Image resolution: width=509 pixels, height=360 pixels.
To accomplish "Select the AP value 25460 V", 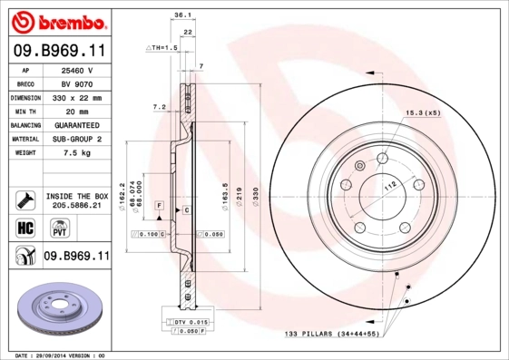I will click(x=77, y=70).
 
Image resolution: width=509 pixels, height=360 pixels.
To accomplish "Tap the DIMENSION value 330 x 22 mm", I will click(x=77, y=97).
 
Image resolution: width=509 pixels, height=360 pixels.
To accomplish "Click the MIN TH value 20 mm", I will click(x=77, y=111).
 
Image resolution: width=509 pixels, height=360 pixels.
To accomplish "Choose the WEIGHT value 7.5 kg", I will click(x=77, y=153).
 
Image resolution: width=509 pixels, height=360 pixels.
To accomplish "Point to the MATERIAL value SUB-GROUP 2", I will click(x=77, y=139).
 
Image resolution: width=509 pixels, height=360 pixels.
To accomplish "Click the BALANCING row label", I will click(x=24, y=125).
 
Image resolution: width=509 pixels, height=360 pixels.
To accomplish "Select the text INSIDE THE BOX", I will click(x=77, y=195).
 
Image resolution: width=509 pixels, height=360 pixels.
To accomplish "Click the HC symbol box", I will click(x=24, y=227).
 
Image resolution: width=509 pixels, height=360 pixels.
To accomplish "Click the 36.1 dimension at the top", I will click(x=181, y=15).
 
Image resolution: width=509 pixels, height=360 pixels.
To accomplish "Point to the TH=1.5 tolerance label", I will click(x=162, y=46).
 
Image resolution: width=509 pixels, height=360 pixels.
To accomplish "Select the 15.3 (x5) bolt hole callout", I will click(x=422, y=112).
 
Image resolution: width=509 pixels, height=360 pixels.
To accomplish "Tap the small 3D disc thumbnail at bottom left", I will click(x=56, y=309).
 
